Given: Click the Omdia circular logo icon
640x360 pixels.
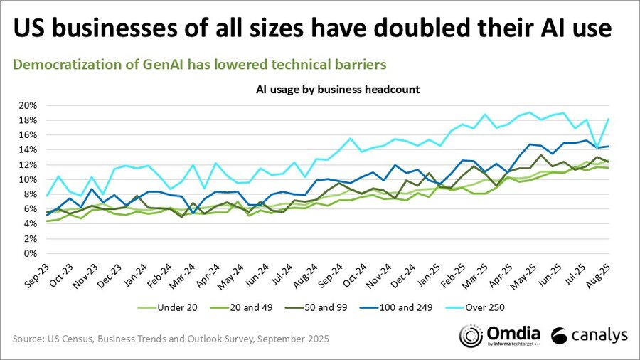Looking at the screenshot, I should coord(471,335).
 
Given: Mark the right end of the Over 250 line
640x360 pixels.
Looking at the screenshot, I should coord(609,119).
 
